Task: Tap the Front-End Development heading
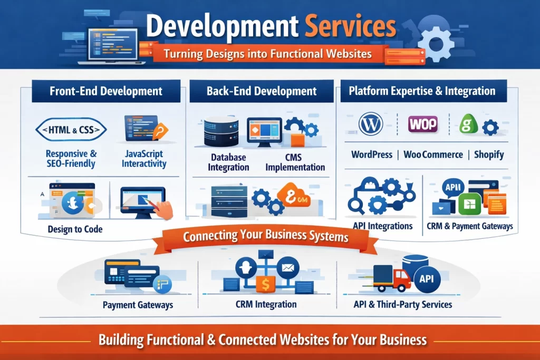tap(106, 91)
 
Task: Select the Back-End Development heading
tap(262, 91)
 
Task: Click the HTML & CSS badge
tap(71, 129)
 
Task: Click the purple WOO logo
tap(423, 124)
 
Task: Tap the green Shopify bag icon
tap(467, 125)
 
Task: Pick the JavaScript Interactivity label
tap(144, 159)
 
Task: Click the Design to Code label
tap(75, 229)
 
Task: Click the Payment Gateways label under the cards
tap(138, 305)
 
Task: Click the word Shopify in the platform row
tap(489, 154)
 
